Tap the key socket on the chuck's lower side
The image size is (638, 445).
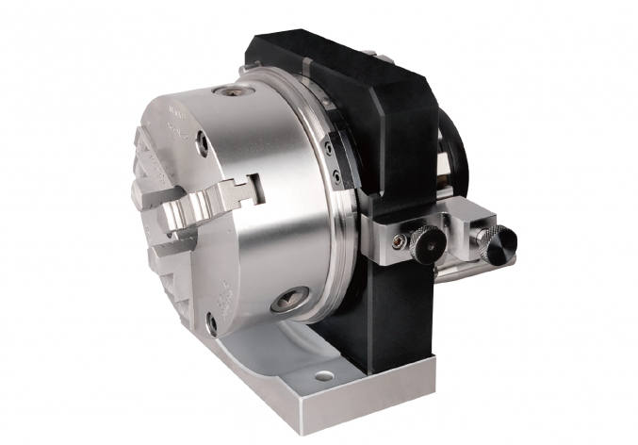[x=287, y=303]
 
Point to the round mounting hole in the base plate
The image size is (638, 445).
[x=324, y=375]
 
